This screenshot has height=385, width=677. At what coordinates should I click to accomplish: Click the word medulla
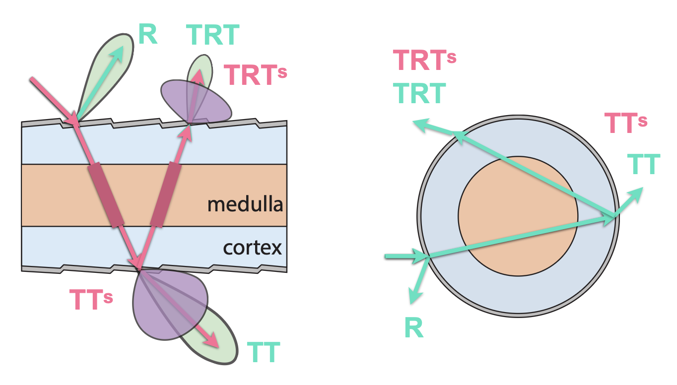tap(245, 204)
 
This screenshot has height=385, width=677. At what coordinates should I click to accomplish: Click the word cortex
tap(253, 247)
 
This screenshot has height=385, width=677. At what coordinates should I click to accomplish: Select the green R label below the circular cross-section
tap(414, 328)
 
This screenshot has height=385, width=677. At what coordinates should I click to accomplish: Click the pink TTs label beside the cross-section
tap(625, 123)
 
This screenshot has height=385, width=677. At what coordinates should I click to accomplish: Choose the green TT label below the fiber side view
tap(264, 353)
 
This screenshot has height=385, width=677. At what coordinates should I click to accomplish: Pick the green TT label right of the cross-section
tap(644, 164)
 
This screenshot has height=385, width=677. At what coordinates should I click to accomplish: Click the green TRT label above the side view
tap(213, 36)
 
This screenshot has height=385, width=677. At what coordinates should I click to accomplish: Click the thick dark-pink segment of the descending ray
tap(105, 196)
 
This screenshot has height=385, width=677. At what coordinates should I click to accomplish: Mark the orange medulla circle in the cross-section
tap(518, 216)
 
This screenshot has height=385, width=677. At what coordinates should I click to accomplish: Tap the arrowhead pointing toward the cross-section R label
tap(415, 296)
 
